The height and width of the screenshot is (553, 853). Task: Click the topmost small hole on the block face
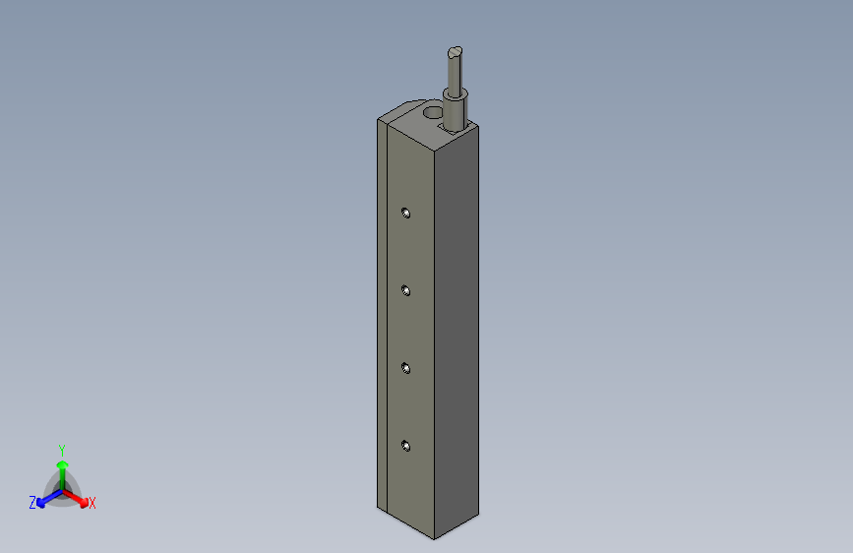point(405,213)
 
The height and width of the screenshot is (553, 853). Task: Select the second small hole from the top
point(405,289)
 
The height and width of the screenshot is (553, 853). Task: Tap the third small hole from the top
point(405,368)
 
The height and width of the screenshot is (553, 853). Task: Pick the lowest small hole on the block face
point(405,446)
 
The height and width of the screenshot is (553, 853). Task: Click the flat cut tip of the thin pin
point(454,52)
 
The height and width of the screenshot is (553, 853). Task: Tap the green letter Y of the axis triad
point(62,449)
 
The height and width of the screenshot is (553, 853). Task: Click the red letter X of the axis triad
point(92,504)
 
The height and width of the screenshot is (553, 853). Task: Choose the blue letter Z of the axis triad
point(32,503)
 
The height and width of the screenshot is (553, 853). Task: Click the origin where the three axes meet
point(63,489)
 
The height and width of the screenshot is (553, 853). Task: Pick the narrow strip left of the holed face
point(383,315)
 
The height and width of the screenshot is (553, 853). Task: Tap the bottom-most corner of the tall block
point(434,539)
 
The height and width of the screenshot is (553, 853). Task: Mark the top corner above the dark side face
point(479,124)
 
